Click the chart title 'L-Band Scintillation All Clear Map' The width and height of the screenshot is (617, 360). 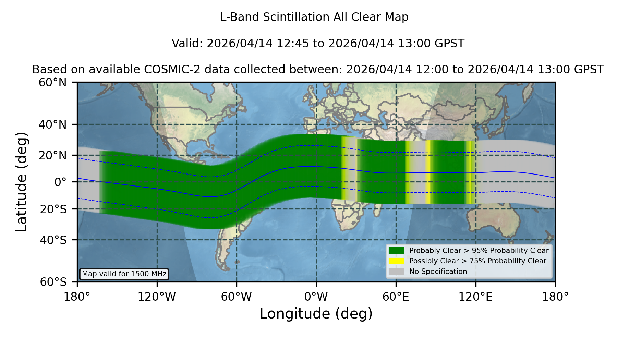pos(314,17)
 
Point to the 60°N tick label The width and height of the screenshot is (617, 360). pos(52,82)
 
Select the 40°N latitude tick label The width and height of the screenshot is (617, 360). pos(52,124)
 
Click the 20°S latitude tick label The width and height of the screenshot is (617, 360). pos(53,209)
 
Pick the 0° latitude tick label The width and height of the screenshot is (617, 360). pos(60,182)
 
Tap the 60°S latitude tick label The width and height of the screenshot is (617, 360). pos(53,282)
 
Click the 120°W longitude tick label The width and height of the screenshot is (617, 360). pos(157,297)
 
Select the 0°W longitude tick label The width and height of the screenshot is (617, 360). pos(316,297)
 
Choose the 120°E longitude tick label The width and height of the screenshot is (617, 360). pos(475,297)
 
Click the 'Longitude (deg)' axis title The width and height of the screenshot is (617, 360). pos(316,314)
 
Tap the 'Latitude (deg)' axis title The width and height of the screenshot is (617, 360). pos(22,182)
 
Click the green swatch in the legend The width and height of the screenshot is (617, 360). pos(396,250)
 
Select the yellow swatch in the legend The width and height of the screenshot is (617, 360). pos(396,261)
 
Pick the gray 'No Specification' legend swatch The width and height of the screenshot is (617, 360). pos(396,272)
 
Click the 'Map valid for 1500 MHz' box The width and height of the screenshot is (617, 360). pos(124,274)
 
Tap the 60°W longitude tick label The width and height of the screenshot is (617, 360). pos(236,297)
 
